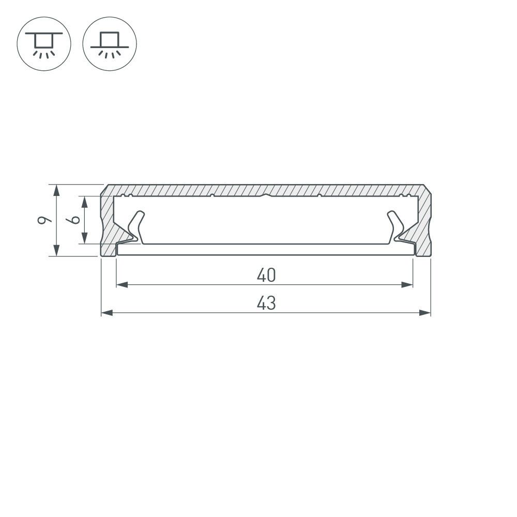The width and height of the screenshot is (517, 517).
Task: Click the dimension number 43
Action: pos(266,303)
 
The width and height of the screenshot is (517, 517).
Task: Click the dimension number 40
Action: pos(266,276)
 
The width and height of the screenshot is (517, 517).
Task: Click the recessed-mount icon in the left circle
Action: pos(44,44)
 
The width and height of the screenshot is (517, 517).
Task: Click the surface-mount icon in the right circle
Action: pos(110,44)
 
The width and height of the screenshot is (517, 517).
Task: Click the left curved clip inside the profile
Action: pos(135,226)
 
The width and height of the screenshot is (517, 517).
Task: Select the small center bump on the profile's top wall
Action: pos(265,195)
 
